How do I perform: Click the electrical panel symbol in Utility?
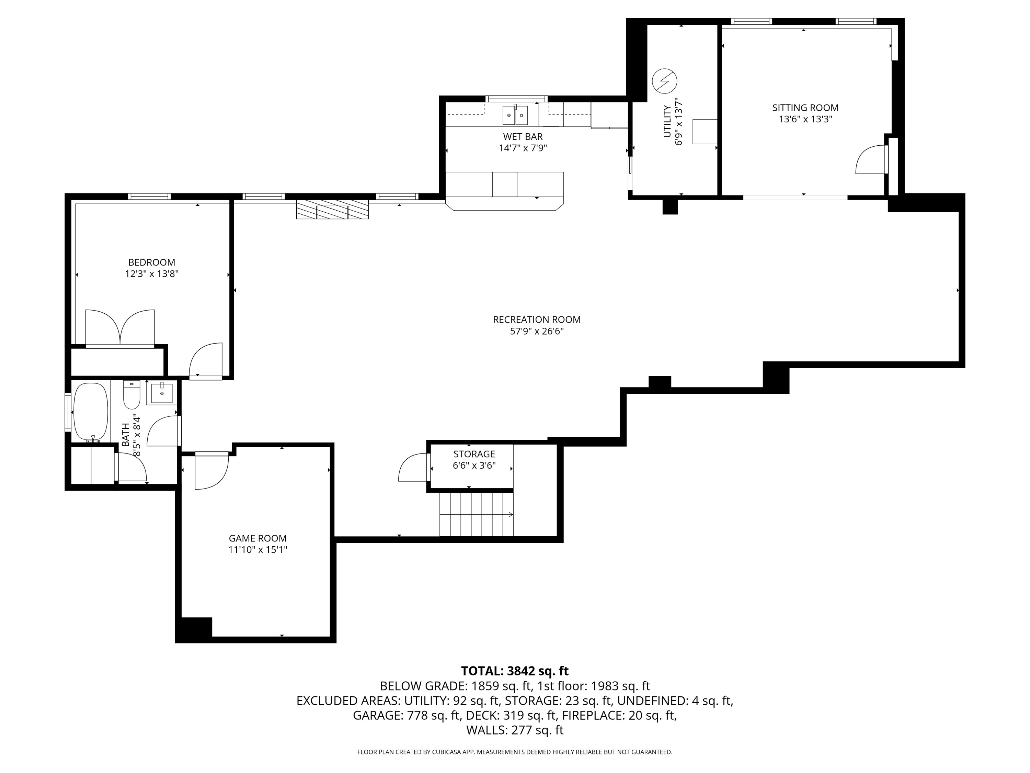pos(664,81)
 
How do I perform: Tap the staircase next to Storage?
pos(476,514)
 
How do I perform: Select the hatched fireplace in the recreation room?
pos(332,209)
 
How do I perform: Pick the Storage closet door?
pos(413,468)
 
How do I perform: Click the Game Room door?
pos(211,472)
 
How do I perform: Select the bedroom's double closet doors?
pos(120,327)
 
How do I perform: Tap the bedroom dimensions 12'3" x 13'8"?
pos(152,274)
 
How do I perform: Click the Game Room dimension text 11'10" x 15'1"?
pos(257,550)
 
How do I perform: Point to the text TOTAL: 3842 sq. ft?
pos(515,671)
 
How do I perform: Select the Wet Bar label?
pos(523,136)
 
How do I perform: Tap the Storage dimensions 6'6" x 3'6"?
pos(474,465)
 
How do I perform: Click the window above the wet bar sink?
pos(516,98)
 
